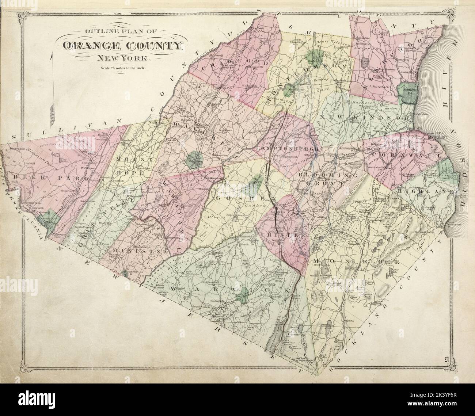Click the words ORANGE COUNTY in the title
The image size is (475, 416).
[x=122, y=46]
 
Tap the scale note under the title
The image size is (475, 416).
[x=122, y=68]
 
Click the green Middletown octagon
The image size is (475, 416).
[x=194, y=160]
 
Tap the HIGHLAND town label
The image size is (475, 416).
[x=426, y=191]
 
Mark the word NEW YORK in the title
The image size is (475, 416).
[x=122, y=58]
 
